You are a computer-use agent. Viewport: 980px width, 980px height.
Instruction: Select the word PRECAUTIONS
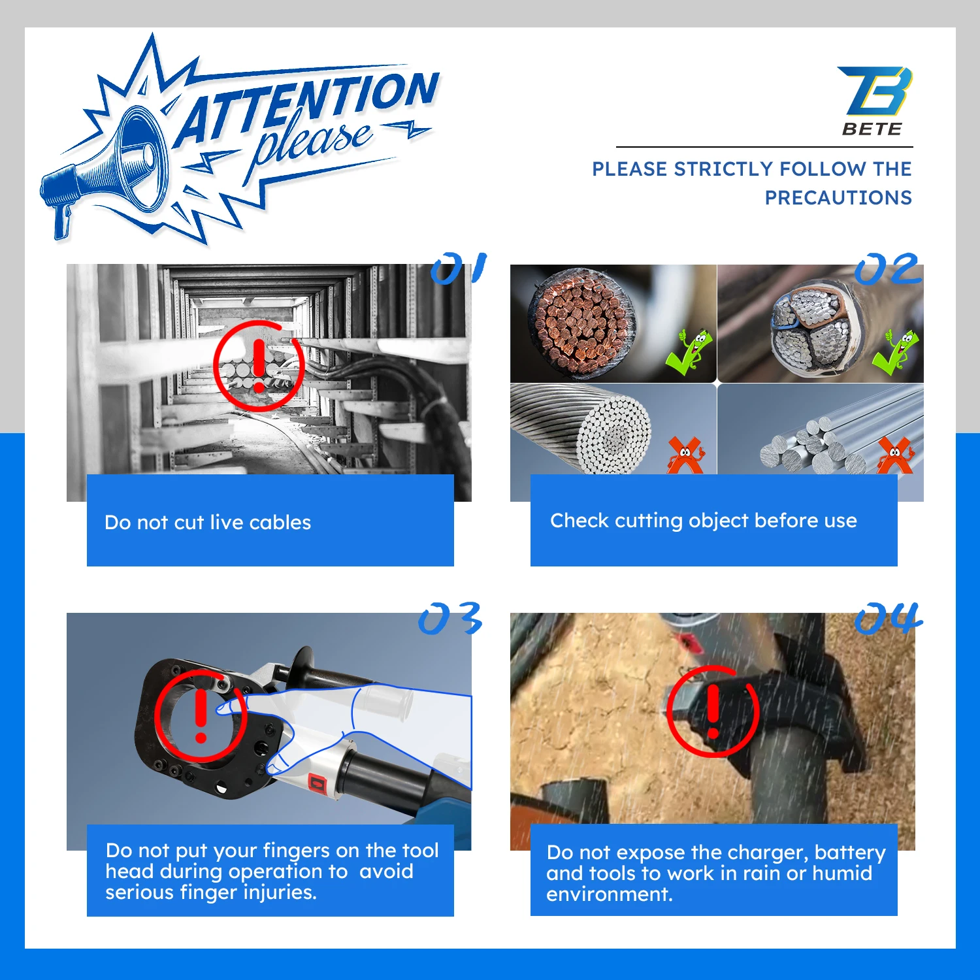(838, 197)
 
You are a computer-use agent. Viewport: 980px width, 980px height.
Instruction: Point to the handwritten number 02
(887, 269)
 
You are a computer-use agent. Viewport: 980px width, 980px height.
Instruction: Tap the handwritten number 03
(450, 618)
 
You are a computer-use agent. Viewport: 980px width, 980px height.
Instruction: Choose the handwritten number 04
(887, 618)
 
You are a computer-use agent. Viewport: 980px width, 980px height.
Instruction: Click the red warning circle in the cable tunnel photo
(259, 365)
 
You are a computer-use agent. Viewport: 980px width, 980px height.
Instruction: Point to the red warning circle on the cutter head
(201, 715)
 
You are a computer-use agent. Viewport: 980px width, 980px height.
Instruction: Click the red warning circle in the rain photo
(713, 711)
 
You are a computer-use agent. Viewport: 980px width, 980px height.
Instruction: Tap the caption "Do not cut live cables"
(208, 523)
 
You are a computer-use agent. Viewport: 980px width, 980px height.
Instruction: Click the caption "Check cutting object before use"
(703, 521)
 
